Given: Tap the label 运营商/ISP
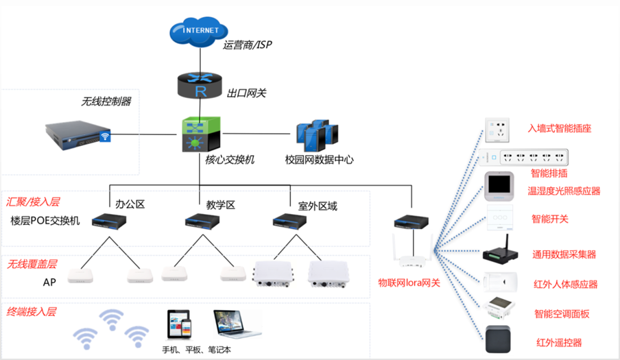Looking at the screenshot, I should (248, 46).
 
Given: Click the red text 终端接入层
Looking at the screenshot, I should (32, 311).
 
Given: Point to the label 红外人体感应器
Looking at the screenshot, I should (566, 285).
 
